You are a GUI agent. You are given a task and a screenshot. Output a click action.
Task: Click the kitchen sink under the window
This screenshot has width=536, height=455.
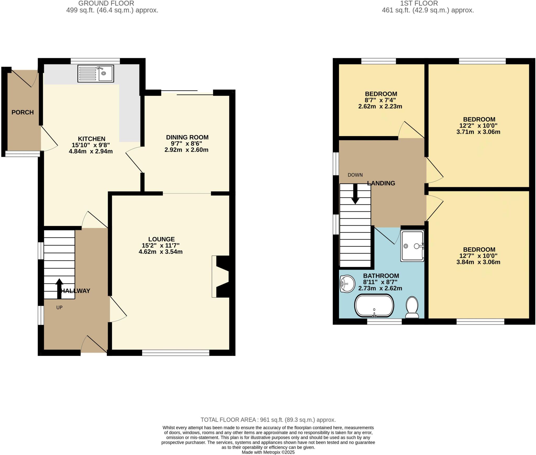tap(96, 74)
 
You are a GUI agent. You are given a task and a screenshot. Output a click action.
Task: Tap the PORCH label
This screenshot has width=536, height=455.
tap(23, 112)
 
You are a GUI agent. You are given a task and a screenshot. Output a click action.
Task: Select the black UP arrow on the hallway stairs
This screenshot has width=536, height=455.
tap(59, 288)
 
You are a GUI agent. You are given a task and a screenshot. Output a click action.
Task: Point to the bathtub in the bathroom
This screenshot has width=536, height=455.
tap(374, 306)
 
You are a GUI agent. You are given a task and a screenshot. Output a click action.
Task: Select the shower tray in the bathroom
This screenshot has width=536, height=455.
tap(412, 246)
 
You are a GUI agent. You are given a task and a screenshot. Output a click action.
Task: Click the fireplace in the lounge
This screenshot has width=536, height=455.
tap(221, 277)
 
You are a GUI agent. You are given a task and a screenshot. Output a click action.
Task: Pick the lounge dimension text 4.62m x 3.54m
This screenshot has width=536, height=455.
tap(160, 252)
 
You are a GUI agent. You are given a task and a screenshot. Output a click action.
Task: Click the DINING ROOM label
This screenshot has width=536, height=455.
tap(187, 137)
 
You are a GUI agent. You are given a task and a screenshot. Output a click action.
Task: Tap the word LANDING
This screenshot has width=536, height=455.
tap(381, 183)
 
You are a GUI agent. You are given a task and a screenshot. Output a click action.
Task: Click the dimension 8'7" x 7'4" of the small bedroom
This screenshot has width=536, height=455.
tap(380, 100)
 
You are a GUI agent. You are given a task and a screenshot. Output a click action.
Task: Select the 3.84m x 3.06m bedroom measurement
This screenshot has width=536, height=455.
tap(478, 262)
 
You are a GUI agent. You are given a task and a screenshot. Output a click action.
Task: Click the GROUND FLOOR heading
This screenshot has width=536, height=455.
tap(106, 3)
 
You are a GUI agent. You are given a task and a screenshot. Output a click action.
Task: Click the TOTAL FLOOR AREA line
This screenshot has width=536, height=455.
tap(268, 420)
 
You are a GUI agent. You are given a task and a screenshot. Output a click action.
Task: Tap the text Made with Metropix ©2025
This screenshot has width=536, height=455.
tap(268, 452)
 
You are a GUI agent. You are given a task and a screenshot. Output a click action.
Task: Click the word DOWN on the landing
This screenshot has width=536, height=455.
tap(355, 175)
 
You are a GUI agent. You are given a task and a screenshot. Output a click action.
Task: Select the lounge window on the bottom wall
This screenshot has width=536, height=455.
tap(176, 353)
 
